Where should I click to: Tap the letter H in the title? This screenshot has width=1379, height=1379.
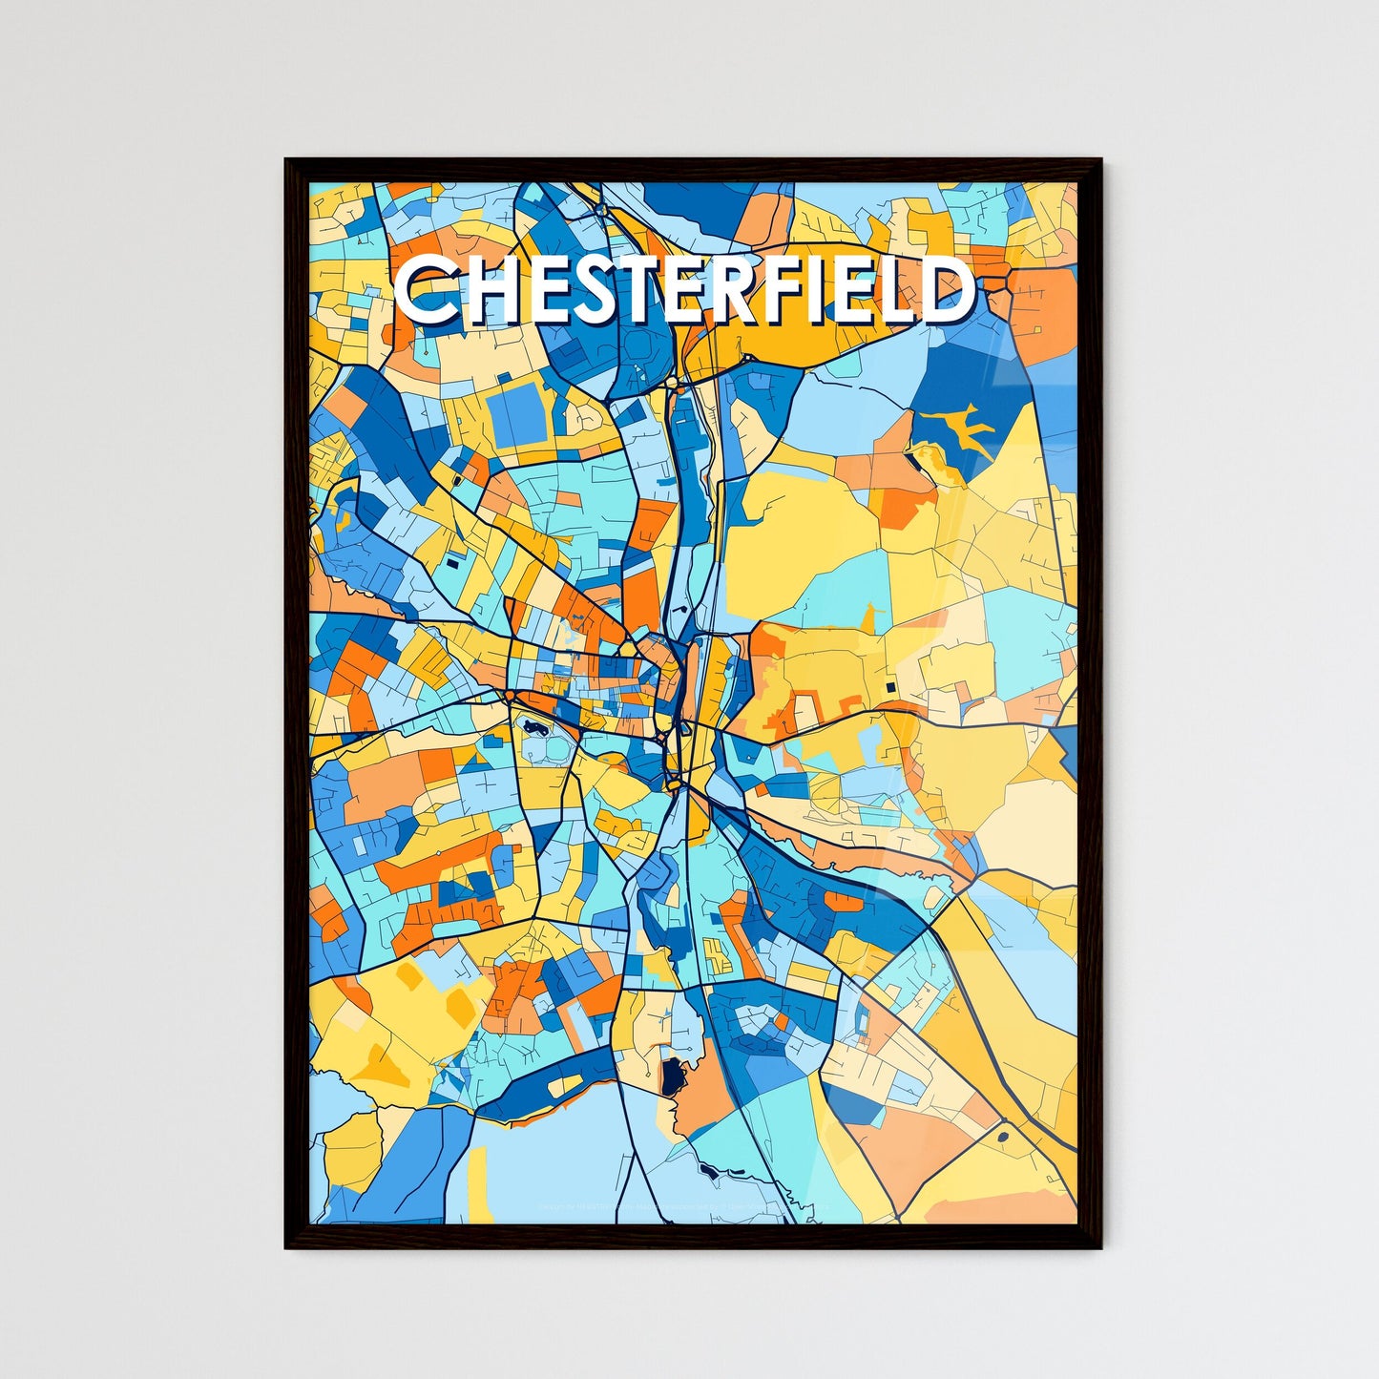click(486, 290)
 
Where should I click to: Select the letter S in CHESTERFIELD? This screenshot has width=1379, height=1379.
click(600, 290)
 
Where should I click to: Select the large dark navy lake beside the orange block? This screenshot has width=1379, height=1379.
click(672, 1077)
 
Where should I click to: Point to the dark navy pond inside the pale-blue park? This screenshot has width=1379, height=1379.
click(531, 728)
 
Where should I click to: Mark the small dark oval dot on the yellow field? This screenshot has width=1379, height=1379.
click(1003, 1137)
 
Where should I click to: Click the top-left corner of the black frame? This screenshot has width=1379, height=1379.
click(287, 160)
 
